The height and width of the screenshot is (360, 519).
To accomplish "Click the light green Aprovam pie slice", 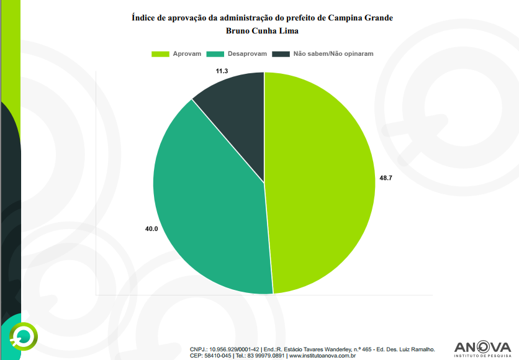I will [323, 186].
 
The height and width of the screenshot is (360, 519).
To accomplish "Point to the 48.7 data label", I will [386, 178].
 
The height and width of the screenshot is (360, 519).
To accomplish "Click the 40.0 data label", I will [151, 229].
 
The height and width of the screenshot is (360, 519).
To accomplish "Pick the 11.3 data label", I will [222, 71].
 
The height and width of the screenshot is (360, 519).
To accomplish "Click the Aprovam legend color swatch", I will [161, 54].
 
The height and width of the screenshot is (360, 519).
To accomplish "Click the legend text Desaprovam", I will [246, 54].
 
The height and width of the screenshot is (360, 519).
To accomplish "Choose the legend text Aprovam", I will [187, 54].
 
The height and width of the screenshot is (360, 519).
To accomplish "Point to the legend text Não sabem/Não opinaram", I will [333, 54].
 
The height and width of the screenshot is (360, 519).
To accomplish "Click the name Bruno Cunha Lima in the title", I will [263, 30].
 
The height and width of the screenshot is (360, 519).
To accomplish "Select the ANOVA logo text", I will [482, 347].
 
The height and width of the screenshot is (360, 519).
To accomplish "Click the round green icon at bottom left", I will [23, 336].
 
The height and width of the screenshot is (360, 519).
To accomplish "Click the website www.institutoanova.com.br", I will [321, 356].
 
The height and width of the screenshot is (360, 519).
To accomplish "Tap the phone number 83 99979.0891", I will [266, 356].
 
